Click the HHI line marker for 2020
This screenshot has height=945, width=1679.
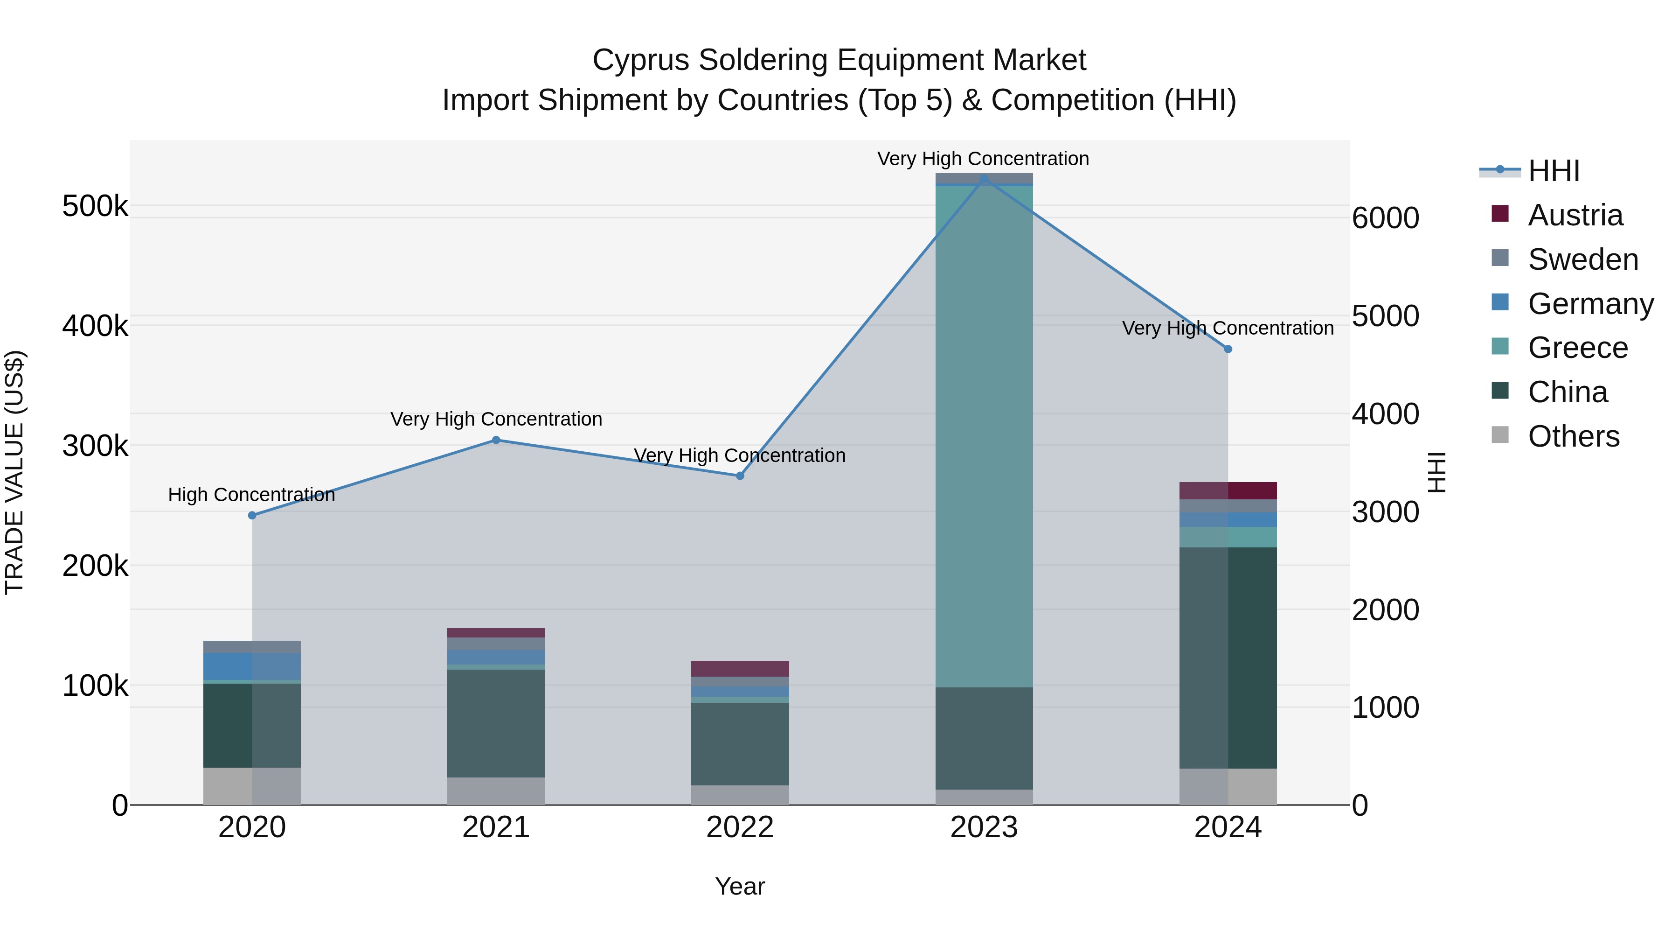click(252, 515)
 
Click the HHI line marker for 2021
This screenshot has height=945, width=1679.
click(496, 440)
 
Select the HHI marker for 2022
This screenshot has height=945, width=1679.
click(740, 476)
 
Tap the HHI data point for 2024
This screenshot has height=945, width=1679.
click(1228, 349)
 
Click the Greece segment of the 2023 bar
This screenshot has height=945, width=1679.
click(984, 437)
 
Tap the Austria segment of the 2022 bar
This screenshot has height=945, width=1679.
click(740, 668)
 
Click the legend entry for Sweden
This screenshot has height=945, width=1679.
click(1582, 259)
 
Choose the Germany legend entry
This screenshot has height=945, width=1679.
click(1590, 304)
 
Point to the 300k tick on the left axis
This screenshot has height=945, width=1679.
click(95, 446)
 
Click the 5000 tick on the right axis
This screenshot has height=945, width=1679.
click(1385, 316)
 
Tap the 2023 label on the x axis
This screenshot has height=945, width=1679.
click(984, 827)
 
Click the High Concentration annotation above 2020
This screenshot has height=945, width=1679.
click(251, 495)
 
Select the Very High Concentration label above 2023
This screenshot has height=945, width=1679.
click(983, 159)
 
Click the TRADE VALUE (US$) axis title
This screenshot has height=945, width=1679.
click(14, 472)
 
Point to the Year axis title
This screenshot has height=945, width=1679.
click(740, 886)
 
